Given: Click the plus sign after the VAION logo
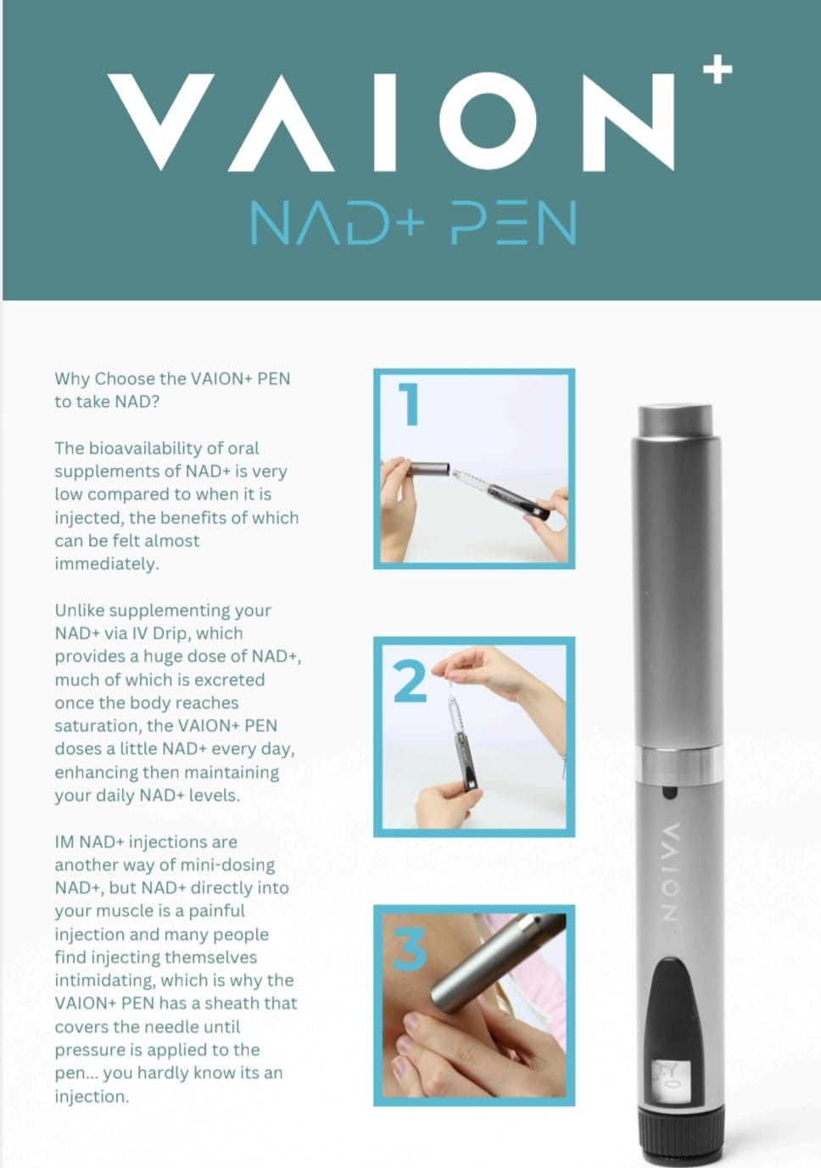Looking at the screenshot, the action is pos(718,69).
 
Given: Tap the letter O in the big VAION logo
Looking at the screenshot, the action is pos(488,121).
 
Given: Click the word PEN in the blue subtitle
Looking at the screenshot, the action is pos(513,222).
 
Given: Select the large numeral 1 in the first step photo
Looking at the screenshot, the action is pos(409,404).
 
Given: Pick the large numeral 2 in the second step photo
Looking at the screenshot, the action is pos(410,680).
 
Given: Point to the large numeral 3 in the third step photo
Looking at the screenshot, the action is pos(410,949).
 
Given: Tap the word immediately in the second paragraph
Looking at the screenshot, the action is pos(107,564).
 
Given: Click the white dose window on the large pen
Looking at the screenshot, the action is pos(671,1082).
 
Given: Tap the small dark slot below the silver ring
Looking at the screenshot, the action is pos(670,792).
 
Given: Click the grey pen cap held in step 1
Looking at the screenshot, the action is pos(427,467).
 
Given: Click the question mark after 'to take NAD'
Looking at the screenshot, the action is pos(154,402).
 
